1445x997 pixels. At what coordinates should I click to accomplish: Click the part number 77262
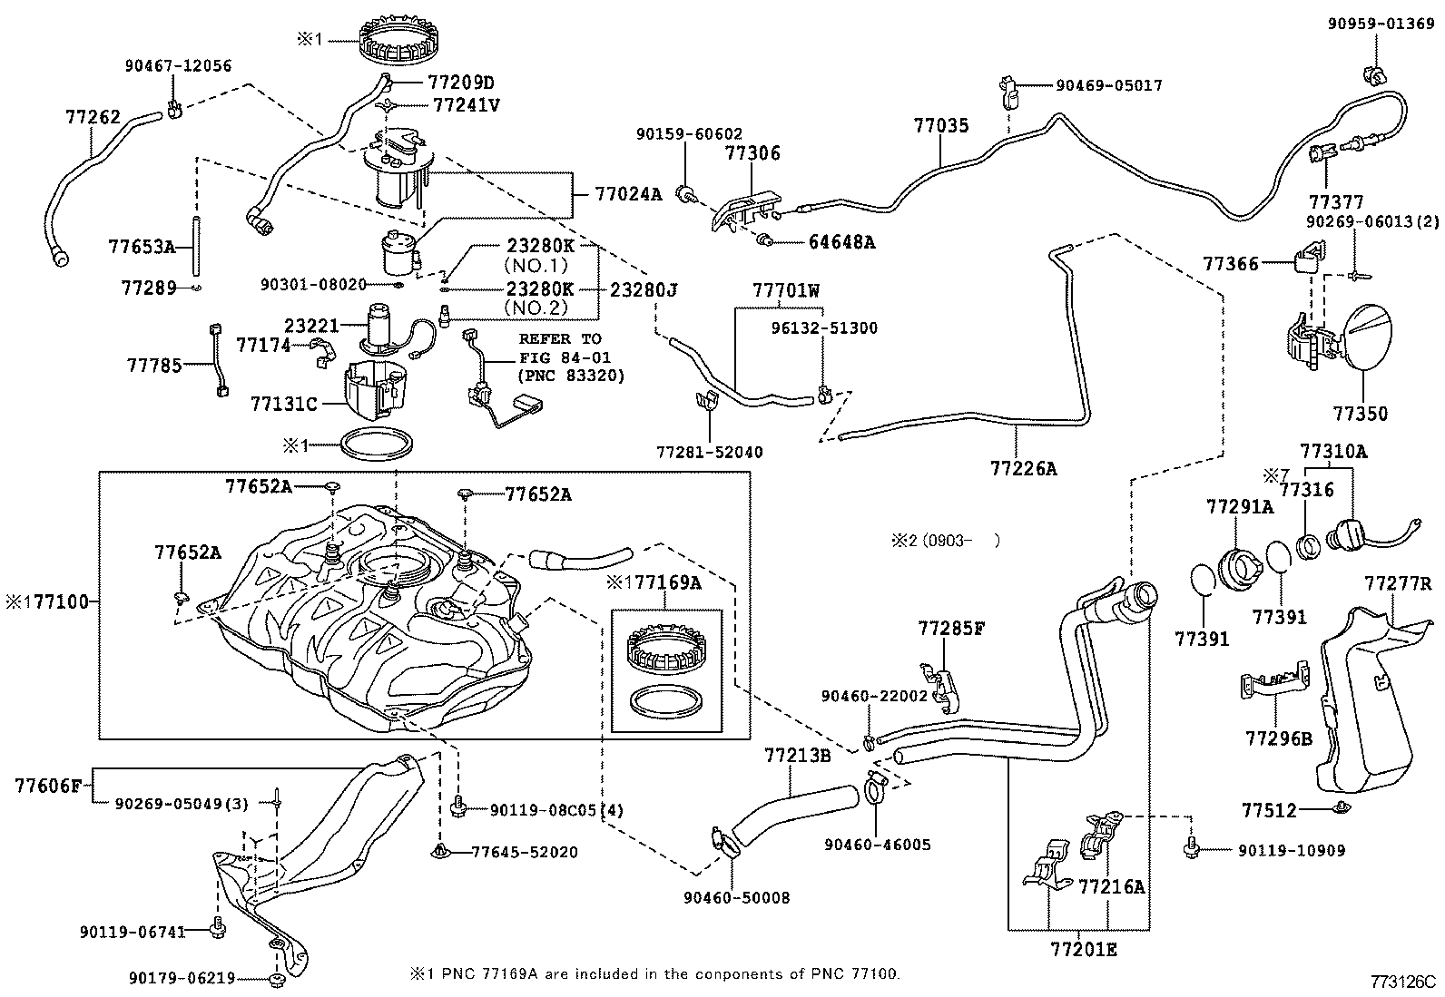click(93, 117)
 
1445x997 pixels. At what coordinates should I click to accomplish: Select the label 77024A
click(629, 193)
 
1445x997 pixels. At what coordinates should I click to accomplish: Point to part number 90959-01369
click(1383, 24)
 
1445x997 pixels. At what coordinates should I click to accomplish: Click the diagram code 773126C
click(1403, 981)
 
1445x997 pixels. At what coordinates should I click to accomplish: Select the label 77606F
click(49, 785)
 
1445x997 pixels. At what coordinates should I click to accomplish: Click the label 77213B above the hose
click(797, 755)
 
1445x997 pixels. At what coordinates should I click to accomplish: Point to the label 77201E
click(1083, 950)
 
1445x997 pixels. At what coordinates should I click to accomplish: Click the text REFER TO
click(559, 338)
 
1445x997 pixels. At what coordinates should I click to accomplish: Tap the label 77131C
click(284, 403)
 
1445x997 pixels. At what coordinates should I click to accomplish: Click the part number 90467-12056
click(178, 65)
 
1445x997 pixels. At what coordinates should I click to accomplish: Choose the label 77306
click(752, 153)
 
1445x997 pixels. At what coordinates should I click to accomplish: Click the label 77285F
click(949, 628)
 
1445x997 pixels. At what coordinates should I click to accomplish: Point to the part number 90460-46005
click(877, 845)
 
